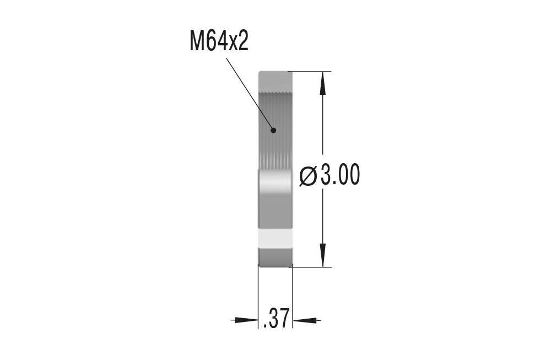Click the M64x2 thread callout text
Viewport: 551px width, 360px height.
pyautogui.click(x=219, y=41)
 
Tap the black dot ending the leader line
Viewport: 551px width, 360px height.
pyautogui.click(x=273, y=130)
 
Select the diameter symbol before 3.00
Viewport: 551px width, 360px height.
pyautogui.click(x=308, y=176)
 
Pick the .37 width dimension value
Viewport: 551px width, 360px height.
pyautogui.click(x=276, y=319)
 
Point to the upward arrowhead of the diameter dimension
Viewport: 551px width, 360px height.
pyautogui.click(x=323, y=83)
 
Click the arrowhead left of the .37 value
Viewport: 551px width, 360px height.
pyautogui.click(x=245, y=319)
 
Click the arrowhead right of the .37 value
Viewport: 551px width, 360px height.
pyautogui.click(x=306, y=319)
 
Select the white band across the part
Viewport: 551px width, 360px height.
pyautogui.click(x=275, y=238)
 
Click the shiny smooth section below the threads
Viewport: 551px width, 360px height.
pyautogui.click(x=275, y=198)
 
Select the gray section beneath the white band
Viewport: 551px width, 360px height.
pyautogui.click(x=275, y=256)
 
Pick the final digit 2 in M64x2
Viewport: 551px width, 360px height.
pyautogui.click(x=242, y=41)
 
